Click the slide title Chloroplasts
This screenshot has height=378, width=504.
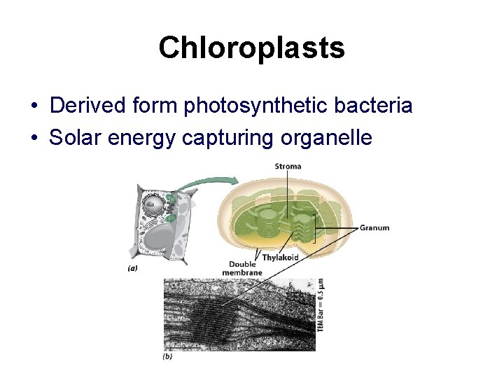(x=251, y=48)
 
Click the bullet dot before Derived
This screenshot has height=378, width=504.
(x=34, y=106)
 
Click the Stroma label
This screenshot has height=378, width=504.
(x=288, y=166)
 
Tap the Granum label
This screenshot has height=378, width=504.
(x=374, y=227)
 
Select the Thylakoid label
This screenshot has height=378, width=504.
(x=281, y=258)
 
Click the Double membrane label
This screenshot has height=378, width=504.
(x=242, y=269)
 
